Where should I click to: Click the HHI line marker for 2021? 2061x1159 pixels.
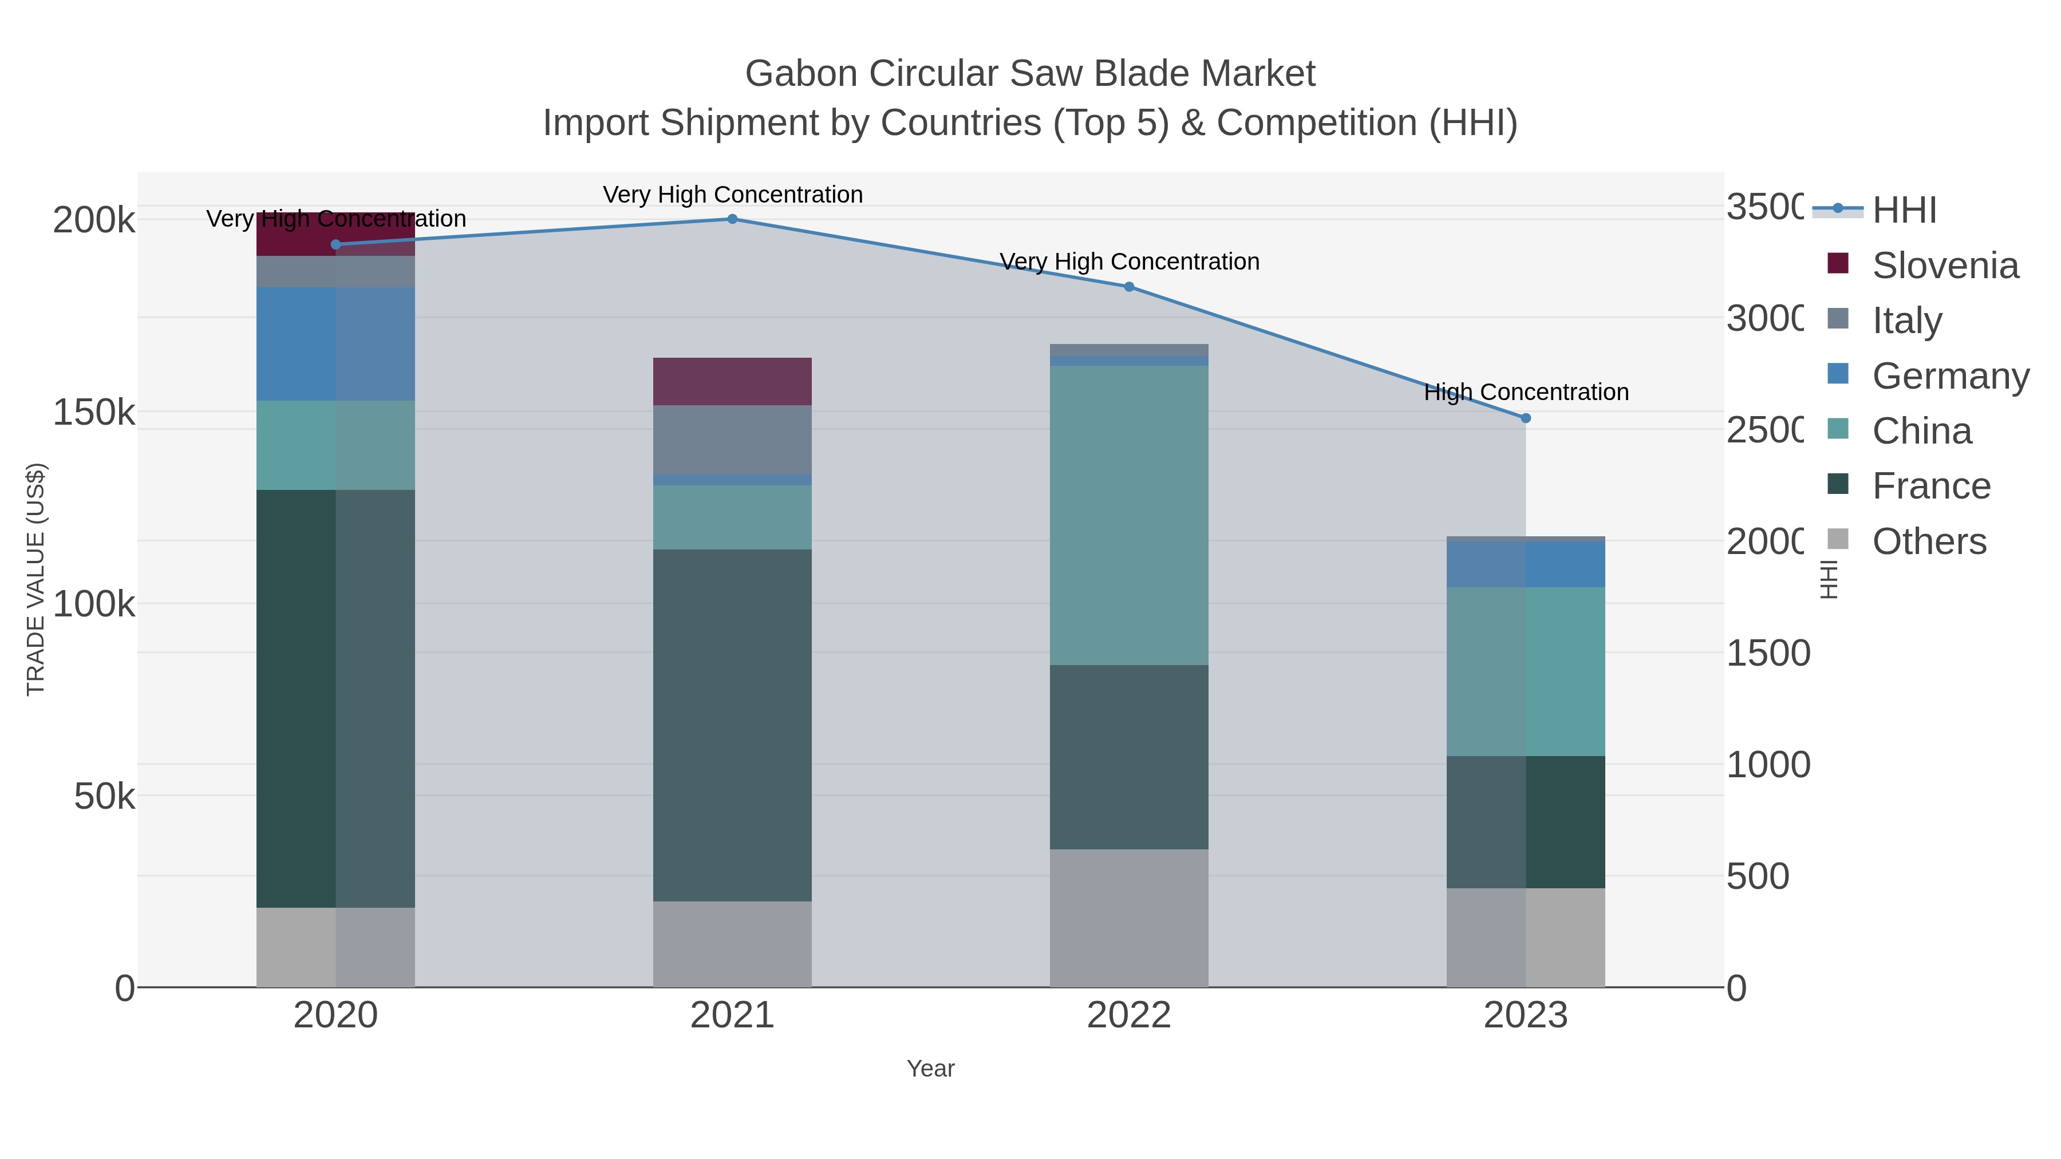tap(732, 219)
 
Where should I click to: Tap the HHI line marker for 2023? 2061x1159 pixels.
tap(1525, 418)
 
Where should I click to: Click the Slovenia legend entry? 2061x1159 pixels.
tap(1944, 266)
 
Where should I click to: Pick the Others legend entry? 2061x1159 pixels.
tap(1928, 541)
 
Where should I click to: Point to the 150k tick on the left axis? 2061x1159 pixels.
tap(94, 413)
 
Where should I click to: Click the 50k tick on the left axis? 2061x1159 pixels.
tap(104, 797)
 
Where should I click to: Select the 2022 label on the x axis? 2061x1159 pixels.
tap(1129, 1016)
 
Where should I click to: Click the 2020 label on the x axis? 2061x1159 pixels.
tap(335, 1016)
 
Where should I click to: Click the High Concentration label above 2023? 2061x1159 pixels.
tap(1526, 393)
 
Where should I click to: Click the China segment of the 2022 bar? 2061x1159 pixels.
tap(1129, 516)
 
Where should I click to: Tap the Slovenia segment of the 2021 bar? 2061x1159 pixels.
tap(732, 382)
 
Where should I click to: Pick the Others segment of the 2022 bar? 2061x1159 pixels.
tap(1129, 917)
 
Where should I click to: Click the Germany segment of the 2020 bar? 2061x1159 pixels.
tap(335, 344)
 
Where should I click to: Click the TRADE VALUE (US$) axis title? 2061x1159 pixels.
tap(36, 579)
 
